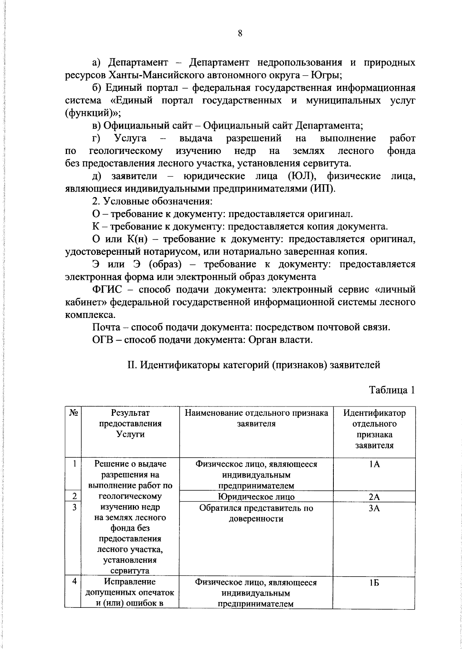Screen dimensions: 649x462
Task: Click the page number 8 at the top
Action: pos(239,33)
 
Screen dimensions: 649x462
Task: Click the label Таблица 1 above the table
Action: pos(392,390)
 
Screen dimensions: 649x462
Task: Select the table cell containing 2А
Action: pos(374,497)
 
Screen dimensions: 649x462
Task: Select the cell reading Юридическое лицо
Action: pos(256,497)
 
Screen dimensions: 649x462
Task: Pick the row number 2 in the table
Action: pos(73,496)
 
